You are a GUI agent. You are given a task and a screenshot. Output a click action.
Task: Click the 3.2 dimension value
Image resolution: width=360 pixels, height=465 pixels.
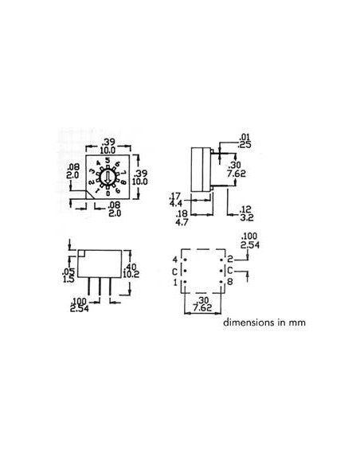click(246, 215)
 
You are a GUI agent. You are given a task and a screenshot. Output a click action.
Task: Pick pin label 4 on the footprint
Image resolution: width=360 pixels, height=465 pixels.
click(174, 260)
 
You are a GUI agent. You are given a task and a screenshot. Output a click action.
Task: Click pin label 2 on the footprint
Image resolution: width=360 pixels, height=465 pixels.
click(229, 260)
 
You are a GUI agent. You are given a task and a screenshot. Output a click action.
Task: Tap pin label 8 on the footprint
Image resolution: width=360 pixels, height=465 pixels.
click(229, 282)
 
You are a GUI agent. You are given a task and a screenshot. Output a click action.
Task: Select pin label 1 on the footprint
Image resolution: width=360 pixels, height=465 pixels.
click(174, 282)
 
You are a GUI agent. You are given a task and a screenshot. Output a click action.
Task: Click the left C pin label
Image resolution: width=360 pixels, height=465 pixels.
click(174, 271)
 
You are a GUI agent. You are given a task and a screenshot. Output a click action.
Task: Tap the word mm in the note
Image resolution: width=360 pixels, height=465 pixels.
click(298, 323)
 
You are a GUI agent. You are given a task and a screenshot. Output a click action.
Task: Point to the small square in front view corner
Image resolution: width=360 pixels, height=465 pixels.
click(80, 254)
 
